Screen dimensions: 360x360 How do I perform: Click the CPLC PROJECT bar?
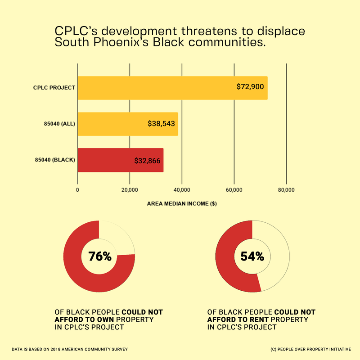pos(172,88)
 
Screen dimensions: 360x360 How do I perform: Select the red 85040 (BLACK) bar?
pos(120,160)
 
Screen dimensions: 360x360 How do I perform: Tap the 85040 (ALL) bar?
pos(128,124)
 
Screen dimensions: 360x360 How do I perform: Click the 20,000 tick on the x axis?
pos(130,190)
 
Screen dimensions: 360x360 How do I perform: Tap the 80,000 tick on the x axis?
pos(286,190)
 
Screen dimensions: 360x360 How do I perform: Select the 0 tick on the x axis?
pos(78,190)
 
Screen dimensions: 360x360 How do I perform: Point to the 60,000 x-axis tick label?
pos(234,190)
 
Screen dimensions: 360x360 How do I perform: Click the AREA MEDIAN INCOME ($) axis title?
pos(182,204)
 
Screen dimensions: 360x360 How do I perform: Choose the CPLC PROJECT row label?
pos(54,88)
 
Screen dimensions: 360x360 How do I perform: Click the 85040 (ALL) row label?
pos(57,124)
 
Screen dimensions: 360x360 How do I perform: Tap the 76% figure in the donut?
pos(99,256)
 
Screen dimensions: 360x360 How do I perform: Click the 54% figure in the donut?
pos(252,256)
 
